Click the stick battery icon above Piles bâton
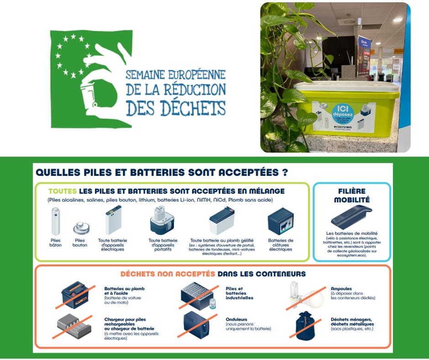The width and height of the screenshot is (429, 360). pyautogui.click(x=56, y=221)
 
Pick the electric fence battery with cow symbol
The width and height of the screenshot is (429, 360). pyautogui.click(x=280, y=222)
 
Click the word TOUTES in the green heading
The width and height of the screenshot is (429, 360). pyautogui.click(x=63, y=191)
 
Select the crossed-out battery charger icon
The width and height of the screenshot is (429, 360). pyautogui.click(x=75, y=325)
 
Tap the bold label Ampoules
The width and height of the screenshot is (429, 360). pyautogui.click(x=341, y=289)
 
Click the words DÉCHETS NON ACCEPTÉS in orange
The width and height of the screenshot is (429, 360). pyautogui.click(x=167, y=274)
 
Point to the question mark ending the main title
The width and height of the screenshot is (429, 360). pyautogui.click(x=285, y=172)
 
